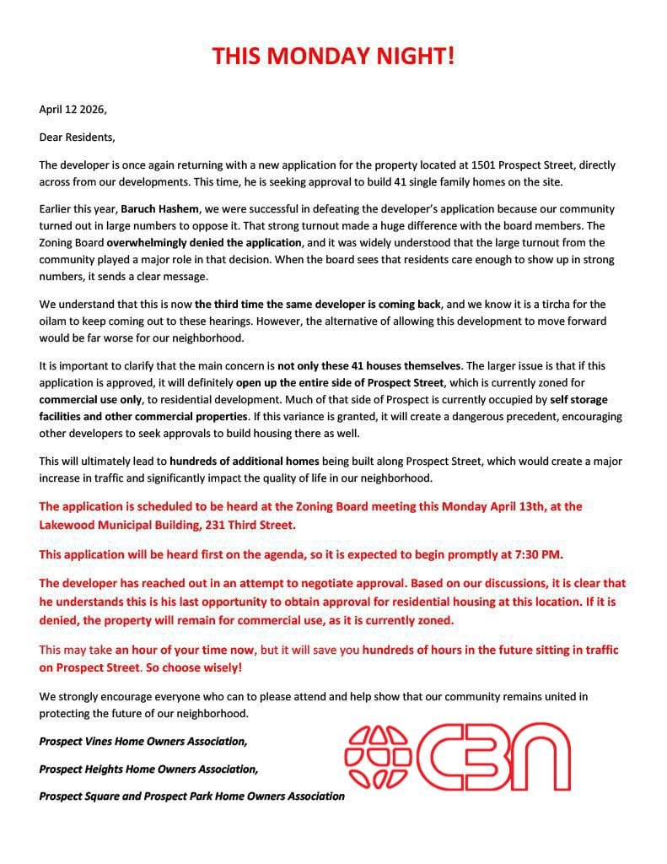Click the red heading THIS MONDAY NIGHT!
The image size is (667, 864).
[x=333, y=57]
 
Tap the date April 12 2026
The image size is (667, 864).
[x=73, y=109]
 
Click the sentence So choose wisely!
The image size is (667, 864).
[x=188, y=667]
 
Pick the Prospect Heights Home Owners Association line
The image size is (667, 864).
[x=148, y=769]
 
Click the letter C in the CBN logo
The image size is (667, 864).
[x=438, y=754]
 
